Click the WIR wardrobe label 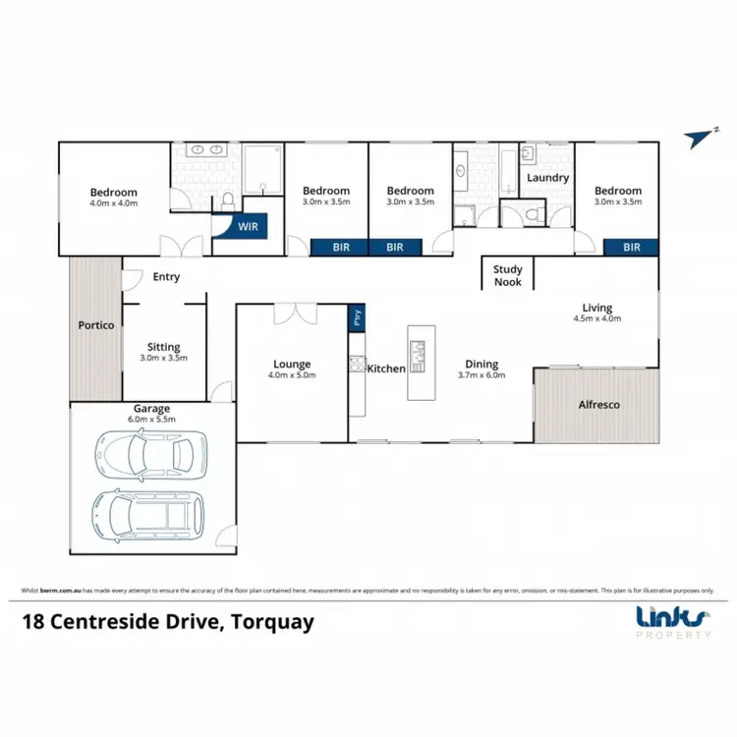point(236,225)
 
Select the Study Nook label point(508,275)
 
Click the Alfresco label point(598,404)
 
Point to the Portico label point(96,324)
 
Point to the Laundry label point(547,178)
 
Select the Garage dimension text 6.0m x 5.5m point(152,419)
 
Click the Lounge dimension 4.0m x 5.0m point(292,374)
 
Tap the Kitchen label point(386,368)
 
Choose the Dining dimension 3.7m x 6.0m point(482,374)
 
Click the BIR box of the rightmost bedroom point(631,248)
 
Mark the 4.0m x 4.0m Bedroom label point(114,193)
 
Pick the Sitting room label point(163,347)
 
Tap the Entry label point(166,277)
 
